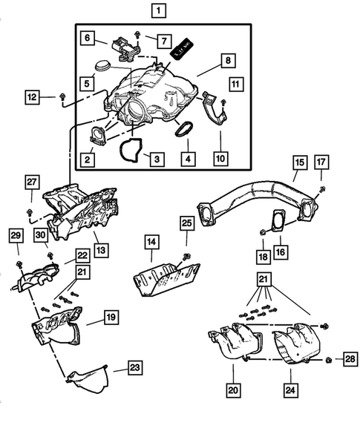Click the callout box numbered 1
[x=158, y=10]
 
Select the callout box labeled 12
[x=33, y=96]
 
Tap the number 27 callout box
[x=31, y=183]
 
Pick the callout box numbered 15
[x=298, y=162]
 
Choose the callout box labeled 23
[x=134, y=367]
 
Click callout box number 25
[x=186, y=222]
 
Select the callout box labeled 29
[x=15, y=235]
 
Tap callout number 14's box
[x=151, y=241]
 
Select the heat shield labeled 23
[x=88, y=378]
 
